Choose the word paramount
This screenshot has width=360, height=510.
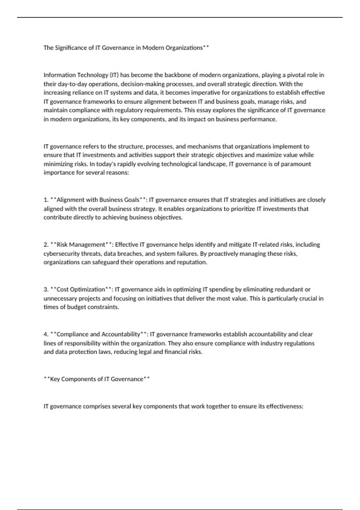tap(296, 164)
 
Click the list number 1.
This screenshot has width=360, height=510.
tap(46, 200)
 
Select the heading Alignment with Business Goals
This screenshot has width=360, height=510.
tap(98, 200)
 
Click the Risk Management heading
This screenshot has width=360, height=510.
tap(81, 244)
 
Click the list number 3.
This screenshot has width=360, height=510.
tap(46, 289)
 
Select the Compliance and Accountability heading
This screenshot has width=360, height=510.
tap(98, 334)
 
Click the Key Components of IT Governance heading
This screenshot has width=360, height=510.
tap(97, 379)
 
